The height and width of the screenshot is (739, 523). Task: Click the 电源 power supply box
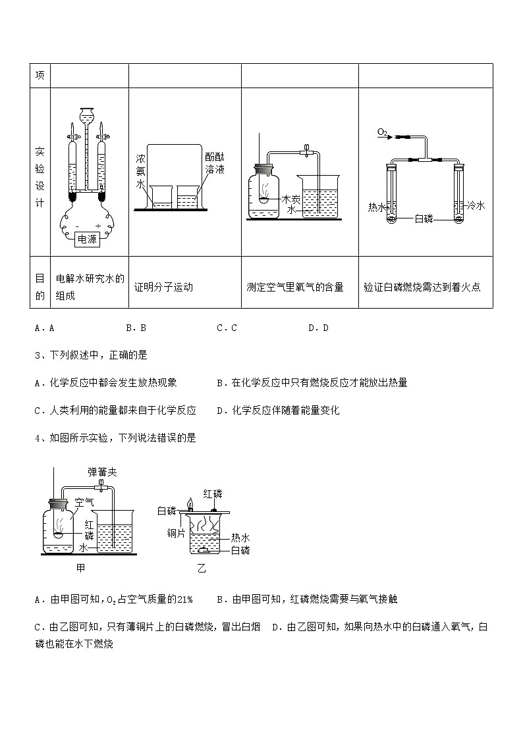(x=87, y=240)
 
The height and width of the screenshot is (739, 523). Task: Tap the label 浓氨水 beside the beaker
(x=140, y=172)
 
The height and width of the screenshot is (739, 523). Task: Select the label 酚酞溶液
(x=215, y=164)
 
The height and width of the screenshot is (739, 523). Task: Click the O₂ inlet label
(x=383, y=132)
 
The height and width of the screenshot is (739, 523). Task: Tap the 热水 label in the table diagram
(x=377, y=207)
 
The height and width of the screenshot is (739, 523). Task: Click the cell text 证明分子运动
(x=163, y=287)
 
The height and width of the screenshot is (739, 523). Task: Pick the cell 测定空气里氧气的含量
(x=295, y=287)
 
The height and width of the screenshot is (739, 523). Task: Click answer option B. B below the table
(x=135, y=328)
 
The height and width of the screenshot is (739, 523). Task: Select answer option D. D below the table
(x=318, y=328)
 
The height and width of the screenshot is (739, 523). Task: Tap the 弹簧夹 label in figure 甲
(x=102, y=472)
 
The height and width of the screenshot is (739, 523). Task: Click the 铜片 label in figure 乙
(x=176, y=532)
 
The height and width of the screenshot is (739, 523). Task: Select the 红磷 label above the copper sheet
(x=213, y=494)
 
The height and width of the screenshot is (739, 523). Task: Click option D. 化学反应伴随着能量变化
(x=278, y=410)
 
